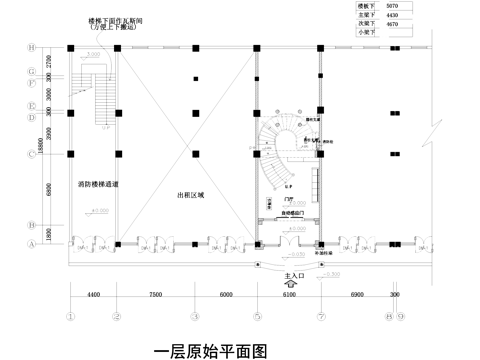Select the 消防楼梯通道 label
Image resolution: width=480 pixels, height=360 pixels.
[x=98, y=185]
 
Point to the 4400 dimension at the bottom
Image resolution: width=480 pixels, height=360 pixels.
[x=93, y=296]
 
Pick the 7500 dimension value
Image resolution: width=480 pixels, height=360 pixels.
[x=155, y=296]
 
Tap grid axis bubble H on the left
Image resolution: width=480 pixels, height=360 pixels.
[x=32, y=47]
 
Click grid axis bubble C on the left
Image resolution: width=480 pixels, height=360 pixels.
[x=32, y=152]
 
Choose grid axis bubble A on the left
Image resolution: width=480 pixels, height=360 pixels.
[x=32, y=243]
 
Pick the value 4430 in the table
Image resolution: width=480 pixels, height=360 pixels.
[x=391, y=15]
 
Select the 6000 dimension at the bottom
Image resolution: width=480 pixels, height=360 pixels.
[x=226, y=296]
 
